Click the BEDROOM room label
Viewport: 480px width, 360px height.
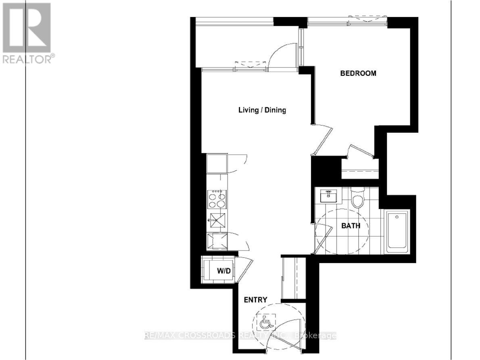pos(358,73)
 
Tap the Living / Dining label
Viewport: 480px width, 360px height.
pos(262,110)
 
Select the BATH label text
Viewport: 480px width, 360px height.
pos(351,226)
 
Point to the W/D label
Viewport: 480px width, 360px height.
pos(224,271)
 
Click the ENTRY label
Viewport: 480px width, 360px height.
pos(255,299)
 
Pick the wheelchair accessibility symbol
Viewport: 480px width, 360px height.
pos(265,322)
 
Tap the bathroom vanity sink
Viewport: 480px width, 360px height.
pos(329,196)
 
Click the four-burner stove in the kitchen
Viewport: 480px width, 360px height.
pos(216,199)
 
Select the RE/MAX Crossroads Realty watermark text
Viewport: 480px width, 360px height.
pos(240,335)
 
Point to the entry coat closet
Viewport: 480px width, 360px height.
pos(293,278)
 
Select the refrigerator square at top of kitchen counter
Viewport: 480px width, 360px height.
pos(217,163)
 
